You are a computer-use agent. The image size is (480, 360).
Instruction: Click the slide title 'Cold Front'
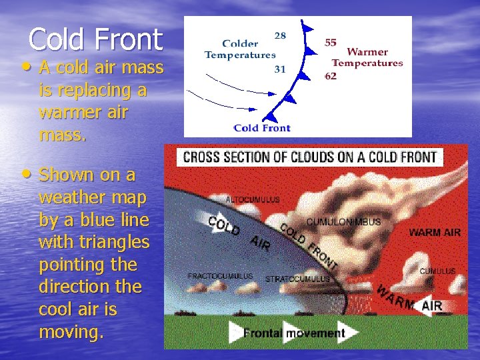tap(95, 39)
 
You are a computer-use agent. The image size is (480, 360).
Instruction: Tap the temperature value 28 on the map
tap(281, 35)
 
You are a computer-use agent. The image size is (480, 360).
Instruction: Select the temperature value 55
tap(331, 43)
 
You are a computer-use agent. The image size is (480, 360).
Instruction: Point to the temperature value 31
tap(281, 68)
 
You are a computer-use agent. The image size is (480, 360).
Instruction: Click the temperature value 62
tap(331, 76)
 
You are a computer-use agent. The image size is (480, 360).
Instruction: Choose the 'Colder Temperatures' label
tap(240, 49)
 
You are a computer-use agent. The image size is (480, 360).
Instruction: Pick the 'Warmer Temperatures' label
tap(367, 57)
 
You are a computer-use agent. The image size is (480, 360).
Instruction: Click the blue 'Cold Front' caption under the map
tap(262, 127)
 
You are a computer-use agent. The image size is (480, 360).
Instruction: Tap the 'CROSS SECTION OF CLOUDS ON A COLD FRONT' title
tap(309, 157)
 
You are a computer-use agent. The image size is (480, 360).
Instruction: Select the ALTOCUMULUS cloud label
tap(253, 199)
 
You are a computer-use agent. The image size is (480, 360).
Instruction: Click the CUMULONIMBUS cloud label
tap(343, 222)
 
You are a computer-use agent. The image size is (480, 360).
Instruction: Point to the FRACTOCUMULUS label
tap(220, 275)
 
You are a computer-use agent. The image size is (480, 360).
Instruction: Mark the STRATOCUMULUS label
tap(297, 279)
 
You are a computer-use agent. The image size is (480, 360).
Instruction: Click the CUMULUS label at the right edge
tap(437, 271)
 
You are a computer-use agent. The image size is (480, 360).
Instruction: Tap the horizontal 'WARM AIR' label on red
tap(434, 233)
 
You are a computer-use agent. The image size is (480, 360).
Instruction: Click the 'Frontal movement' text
tap(294, 333)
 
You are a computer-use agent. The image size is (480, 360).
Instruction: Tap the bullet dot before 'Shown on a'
tap(26, 174)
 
